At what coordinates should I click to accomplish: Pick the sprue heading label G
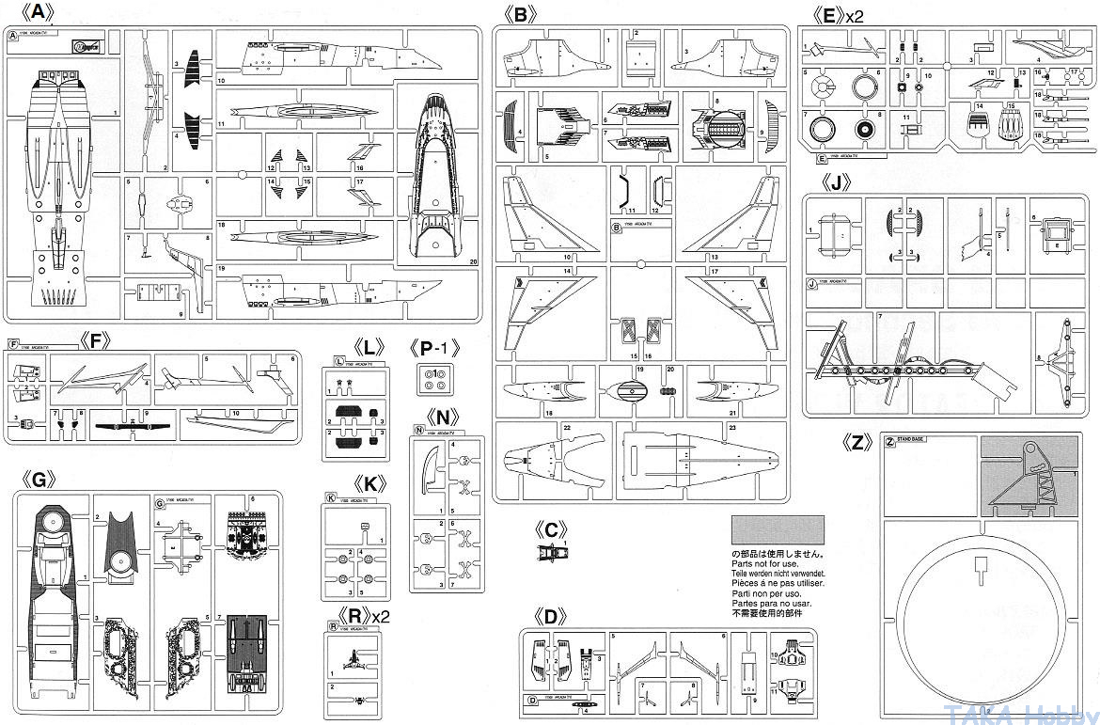39,480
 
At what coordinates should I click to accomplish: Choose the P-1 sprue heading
433,348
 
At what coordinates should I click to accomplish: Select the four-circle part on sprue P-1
434,381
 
